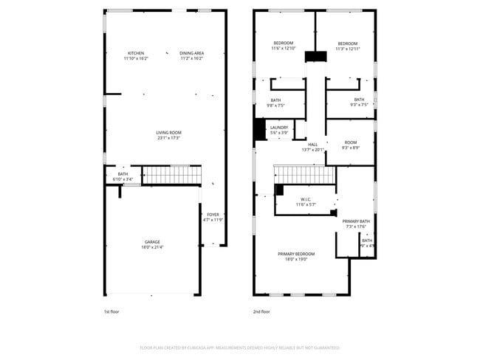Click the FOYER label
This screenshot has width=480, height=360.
(x=213, y=217)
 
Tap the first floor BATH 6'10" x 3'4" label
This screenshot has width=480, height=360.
(x=122, y=176)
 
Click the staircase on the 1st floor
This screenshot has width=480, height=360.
(x=171, y=176)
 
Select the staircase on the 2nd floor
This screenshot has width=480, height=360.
(x=304, y=175)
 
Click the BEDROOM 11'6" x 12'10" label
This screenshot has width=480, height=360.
(x=284, y=46)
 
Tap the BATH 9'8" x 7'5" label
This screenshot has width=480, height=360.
(x=275, y=103)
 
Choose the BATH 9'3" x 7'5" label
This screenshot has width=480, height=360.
(x=358, y=103)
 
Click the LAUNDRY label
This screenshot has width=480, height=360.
(x=278, y=130)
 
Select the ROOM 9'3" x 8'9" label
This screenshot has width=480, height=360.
(x=350, y=145)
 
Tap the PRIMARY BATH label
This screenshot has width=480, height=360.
(x=355, y=224)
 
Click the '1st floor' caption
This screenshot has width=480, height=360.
(x=111, y=311)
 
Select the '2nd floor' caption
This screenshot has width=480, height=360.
(x=261, y=311)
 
